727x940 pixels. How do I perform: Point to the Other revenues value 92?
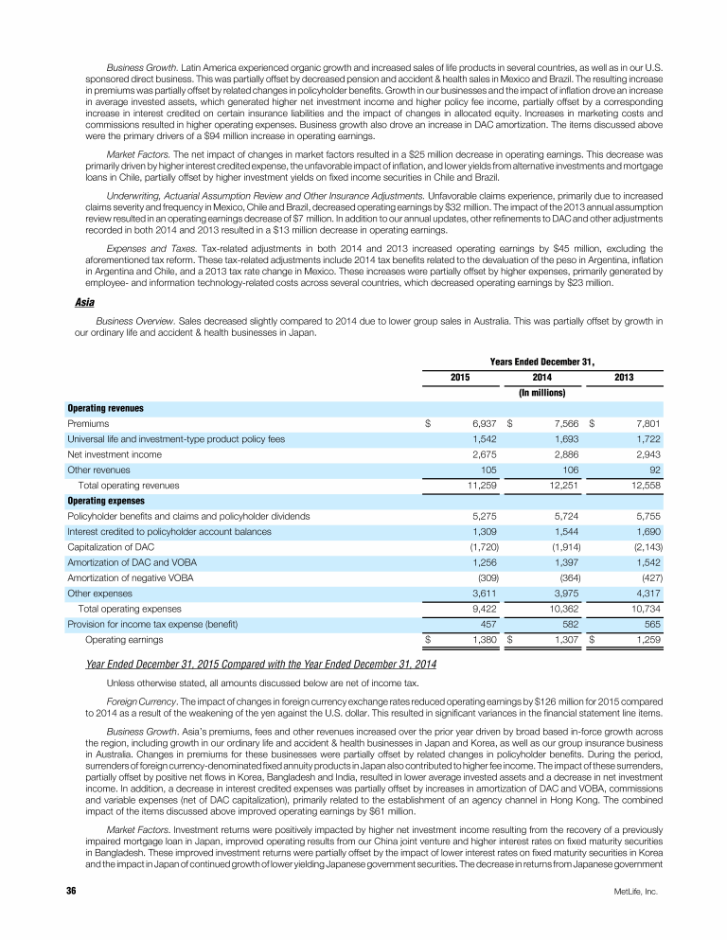point(653,470)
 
